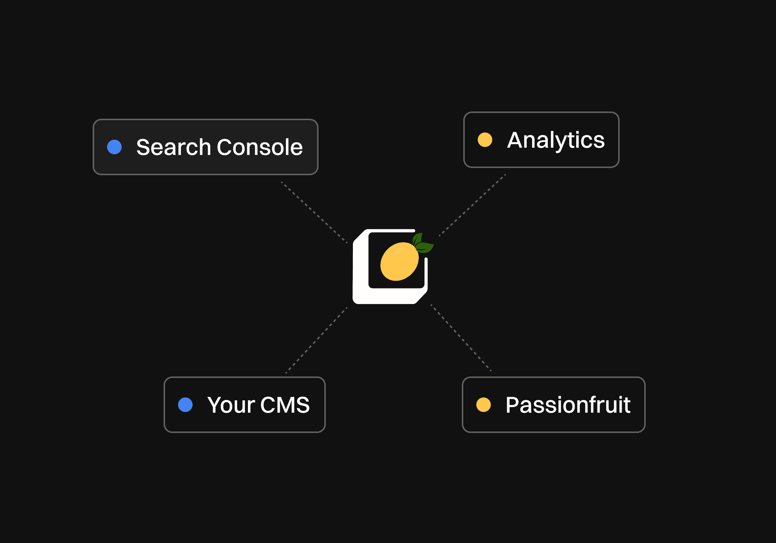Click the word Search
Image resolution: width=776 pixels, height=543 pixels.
pyautogui.click(x=173, y=147)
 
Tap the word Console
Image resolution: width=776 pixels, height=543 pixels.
pyautogui.click(x=260, y=147)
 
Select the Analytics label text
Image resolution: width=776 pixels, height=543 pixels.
pyautogui.click(x=556, y=140)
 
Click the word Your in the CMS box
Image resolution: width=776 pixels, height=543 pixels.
pyautogui.click(x=231, y=405)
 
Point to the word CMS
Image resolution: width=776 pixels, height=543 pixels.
pyautogui.click(x=285, y=405)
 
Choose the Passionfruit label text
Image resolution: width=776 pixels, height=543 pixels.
pyautogui.click(x=568, y=405)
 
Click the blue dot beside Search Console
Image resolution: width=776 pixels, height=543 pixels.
pyautogui.click(x=114, y=147)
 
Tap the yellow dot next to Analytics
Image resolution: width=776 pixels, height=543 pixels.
pyautogui.click(x=485, y=140)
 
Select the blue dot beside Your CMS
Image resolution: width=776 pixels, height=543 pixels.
pyautogui.click(x=185, y=405)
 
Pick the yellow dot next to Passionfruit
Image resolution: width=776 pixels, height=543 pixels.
pyautogui.click(x=484, y=405)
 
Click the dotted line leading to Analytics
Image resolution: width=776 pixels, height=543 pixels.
pyautogui.click(x=472, y=205)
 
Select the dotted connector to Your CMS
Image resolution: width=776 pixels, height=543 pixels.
pyautogui.click(x=316, y=340)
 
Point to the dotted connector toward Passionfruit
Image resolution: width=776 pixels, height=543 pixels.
pyautogui.click(x=461, y=337)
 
